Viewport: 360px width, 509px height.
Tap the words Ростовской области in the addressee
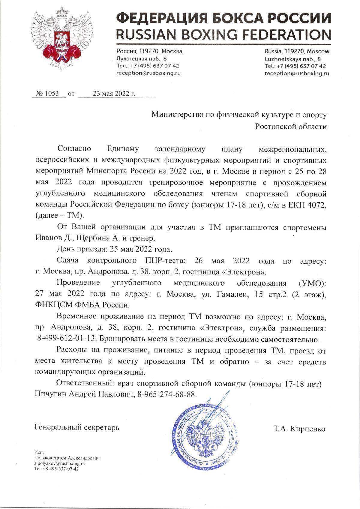[291, 127]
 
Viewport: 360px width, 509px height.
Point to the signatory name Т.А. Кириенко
[299, 429]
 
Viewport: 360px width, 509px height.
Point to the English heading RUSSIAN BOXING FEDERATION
[223, 34]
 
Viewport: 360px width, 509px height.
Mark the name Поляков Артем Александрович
[67, 458]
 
